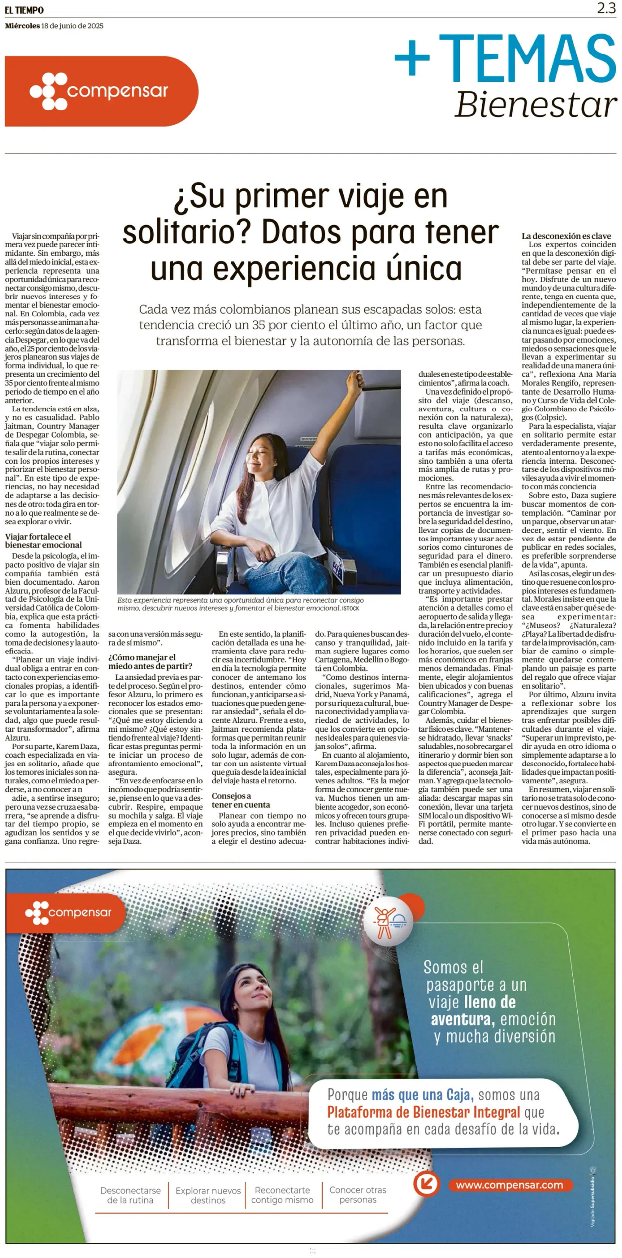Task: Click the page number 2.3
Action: (606, 8)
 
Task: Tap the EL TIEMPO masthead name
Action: (24, 10)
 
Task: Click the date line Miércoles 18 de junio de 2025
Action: (54, 26)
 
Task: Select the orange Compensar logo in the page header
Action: (101, 91)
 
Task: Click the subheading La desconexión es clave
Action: (566, 236)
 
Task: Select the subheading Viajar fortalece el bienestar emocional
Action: (43, 540)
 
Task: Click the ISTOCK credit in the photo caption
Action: (351, 608)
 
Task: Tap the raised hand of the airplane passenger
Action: (354, 379)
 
